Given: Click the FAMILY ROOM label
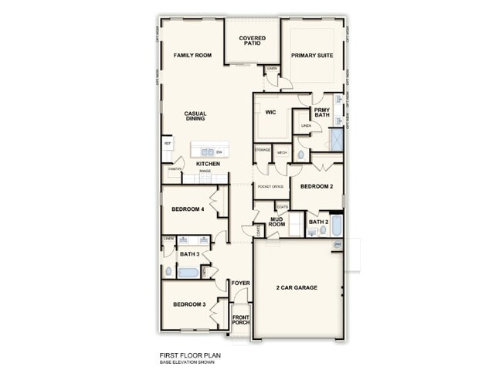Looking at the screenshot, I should pos(192,56).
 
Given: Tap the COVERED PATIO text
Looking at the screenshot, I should pos(252,40).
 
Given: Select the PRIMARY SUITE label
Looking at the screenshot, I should pos(311,56).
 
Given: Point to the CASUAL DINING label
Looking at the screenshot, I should pos(195,116).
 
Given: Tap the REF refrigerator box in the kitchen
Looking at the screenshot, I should pos(167,144).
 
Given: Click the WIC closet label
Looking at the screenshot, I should pos(270,112).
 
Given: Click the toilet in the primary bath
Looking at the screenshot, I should pos(301,155).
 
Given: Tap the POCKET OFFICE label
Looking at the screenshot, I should pos(270,186).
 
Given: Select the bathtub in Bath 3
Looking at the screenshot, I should pos(188,272).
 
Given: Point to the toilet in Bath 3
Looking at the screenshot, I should pos(168,271).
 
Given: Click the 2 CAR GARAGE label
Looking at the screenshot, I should pos(297,287).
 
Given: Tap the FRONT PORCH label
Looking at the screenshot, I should pos(241,318).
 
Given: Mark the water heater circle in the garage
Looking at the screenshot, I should pos(337,245).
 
